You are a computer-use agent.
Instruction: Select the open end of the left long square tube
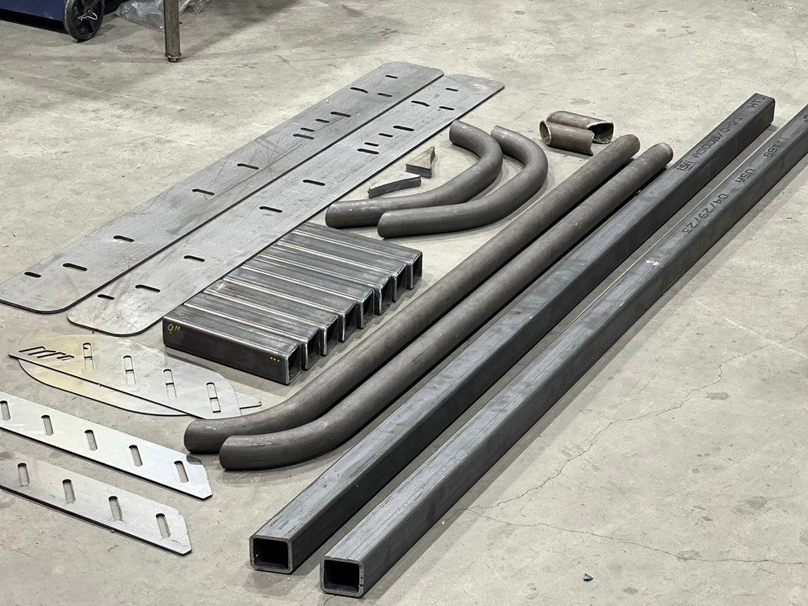(x=271, y=554)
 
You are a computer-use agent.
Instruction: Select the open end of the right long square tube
(x=342, y=576)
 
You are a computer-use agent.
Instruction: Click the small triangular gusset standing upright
(x=422, y=162)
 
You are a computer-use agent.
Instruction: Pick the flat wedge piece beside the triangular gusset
(x=393, y=185)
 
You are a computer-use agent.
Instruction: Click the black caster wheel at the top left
(x=82, y=18)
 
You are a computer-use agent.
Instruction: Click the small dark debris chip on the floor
(x=587, y=577)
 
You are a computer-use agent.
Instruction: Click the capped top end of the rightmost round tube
(x=662, y=152)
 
